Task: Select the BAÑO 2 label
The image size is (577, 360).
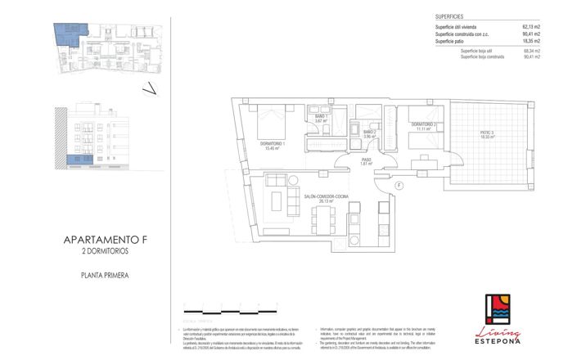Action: click(x=368, y=133)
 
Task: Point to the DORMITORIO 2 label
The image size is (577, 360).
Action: click(x=426, y=125)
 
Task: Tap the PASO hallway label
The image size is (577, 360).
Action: click(x=367, y=161)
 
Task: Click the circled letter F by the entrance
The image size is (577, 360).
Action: click(x=397, y=187)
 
